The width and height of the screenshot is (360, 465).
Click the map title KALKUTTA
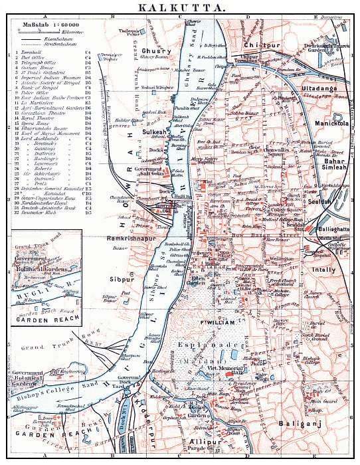click(180, 7)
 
